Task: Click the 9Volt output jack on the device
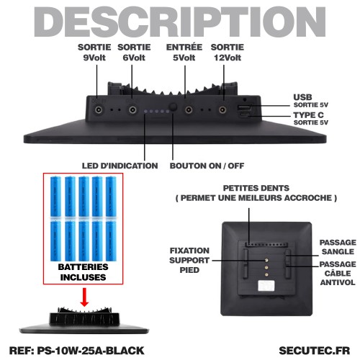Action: pos(99,110)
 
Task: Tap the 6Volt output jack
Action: pos(132,110)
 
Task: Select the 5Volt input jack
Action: pos(189,110)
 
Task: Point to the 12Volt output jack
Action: pos(222,110)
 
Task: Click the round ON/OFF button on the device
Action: pos(173,107)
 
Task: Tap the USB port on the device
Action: pos(244,107)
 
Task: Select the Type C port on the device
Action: pos(245,115)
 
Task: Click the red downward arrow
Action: pos(84,297)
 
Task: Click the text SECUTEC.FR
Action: pos(315,351)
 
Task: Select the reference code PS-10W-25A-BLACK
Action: pos(91,351)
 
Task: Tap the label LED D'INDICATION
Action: pos(120,166)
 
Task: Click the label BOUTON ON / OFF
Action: pos(207,166)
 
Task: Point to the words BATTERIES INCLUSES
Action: pos(83,272)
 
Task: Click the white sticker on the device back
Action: pos(266,286)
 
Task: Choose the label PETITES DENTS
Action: pos(256,188)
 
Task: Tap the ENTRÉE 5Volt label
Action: pos(184,53)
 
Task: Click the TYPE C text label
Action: pos(308,115)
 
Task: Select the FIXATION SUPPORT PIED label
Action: pos(189,261)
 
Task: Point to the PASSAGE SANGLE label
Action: pos(338,247)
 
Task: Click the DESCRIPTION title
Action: pos(180,22)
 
